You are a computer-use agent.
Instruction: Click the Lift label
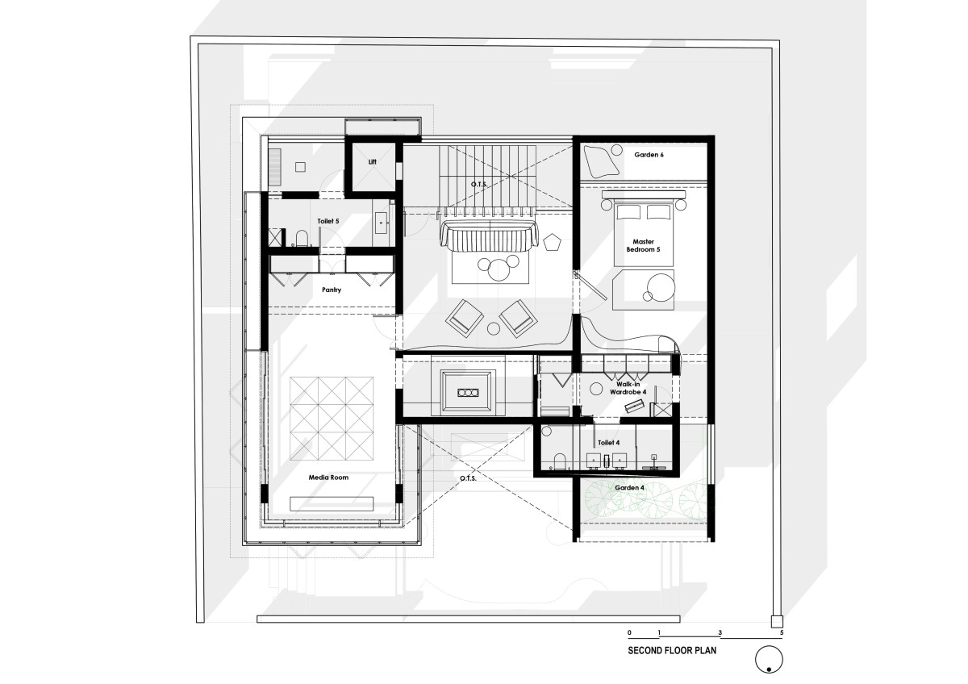(373, 161)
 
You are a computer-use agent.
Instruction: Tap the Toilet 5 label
(328, 221)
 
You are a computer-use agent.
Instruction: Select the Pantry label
(332, 290)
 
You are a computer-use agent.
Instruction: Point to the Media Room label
(328, 478)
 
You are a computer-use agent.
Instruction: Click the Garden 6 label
(649, 155)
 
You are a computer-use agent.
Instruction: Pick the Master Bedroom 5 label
(643, 245)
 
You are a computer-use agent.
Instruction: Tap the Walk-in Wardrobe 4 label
(628, 388)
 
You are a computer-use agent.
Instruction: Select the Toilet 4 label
(608, 443)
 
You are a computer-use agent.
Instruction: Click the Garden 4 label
(629, 488)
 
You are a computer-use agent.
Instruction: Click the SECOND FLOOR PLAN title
(672, 650)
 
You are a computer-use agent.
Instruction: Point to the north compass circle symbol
(769, 659)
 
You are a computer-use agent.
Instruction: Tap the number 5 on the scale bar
(782, 632)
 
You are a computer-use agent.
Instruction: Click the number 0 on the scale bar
(629, 632)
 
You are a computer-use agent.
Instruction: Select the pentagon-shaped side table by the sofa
(552, 243)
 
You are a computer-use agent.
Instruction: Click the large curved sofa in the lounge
(489, 236)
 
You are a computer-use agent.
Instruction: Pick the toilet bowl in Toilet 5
(302, 239)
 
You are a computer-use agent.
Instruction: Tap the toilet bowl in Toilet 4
(559, 461)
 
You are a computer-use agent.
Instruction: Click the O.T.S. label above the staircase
(479, 185)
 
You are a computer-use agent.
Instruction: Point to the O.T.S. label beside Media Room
(468, 478)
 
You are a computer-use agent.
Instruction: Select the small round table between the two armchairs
(494, 329)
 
